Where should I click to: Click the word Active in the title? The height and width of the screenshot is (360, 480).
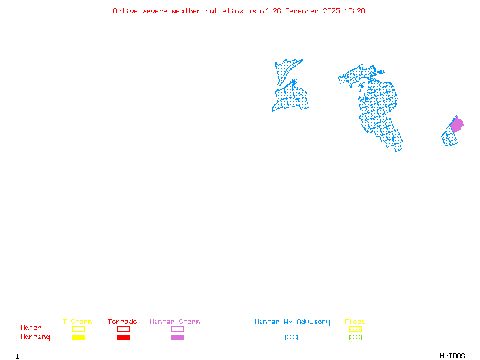click(x=125, y=11)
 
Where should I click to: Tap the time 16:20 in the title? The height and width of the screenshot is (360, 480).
click(x=355, y=11)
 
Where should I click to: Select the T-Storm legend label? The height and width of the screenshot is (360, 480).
click(x=77, y=322)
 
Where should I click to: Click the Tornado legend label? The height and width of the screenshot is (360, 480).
click(x=122, y=322)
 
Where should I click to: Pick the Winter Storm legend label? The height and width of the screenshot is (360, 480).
click(x=175, y=322)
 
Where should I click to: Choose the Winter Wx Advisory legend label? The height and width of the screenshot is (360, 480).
click(x=292, y=322)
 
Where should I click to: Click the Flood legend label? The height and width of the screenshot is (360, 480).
click(x=355, y=322)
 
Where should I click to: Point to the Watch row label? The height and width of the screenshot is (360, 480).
click(x=31, y=328)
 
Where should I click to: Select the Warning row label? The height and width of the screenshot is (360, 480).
click(x=35, y=337)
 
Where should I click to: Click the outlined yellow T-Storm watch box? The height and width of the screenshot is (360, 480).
click(x=78, y=329)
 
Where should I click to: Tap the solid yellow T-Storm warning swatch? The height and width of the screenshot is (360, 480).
click(x=78, y=338)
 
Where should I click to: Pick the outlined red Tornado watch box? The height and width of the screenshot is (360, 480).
click(x=123, y=329)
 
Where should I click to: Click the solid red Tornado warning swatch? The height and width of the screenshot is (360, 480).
click(x=123, y=338)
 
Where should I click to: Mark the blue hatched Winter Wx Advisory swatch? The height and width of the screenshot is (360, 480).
click(x=291, y=338)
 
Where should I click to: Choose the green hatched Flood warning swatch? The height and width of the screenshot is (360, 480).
click(x=355, y=338)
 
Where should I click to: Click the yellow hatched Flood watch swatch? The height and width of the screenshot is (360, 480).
click(x=355, y=329)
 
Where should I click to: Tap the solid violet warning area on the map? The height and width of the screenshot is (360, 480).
click(x=457, y=125)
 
